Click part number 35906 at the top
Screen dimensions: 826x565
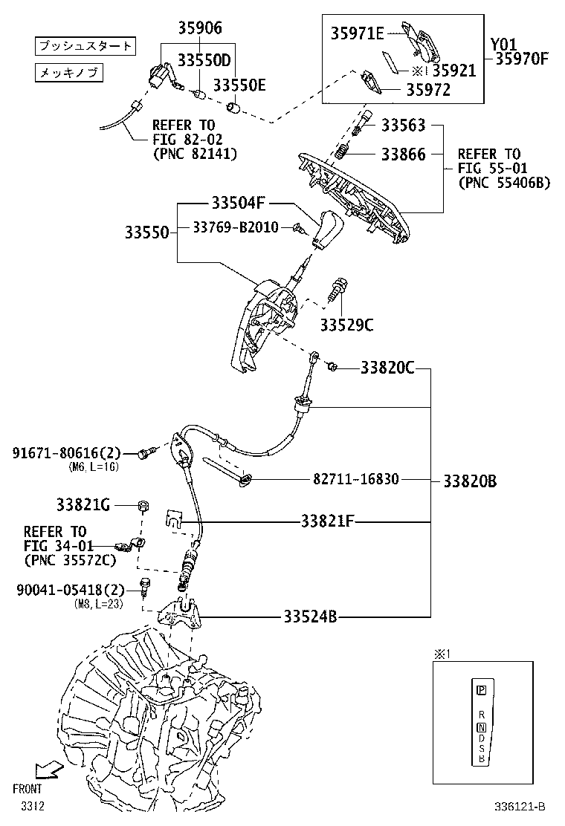tap(199, 29)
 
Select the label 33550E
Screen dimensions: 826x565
tap(239, 85)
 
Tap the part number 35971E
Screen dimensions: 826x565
tap(358, 33)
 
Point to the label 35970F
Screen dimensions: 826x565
tap(521, 59)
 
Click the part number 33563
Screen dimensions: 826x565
tap(404, 126)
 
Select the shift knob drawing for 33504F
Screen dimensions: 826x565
tap(324, 230)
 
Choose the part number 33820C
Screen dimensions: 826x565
tap(387, 367)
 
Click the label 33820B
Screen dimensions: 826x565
tap(470, 481)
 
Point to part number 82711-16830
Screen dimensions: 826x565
tap(356, 480)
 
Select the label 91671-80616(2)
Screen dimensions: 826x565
tap(66, 452)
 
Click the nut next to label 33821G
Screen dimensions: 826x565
tap(142, 507)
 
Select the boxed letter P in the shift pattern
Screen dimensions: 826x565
tap(481, 690)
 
